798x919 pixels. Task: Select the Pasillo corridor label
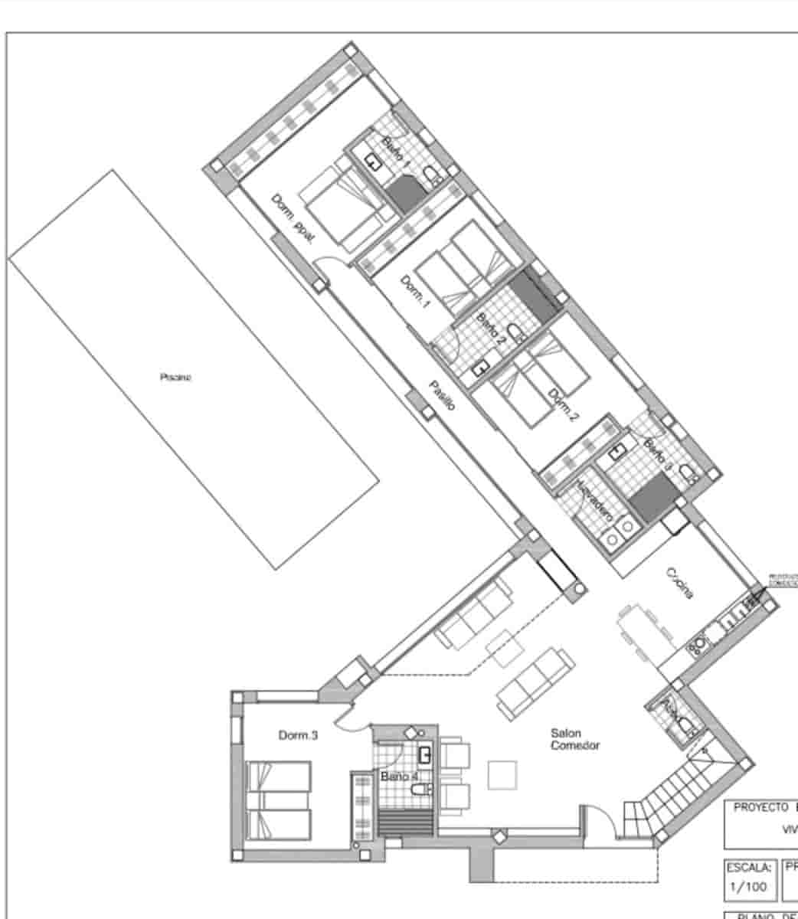click(442, 395)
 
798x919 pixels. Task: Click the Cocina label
click(680, 582)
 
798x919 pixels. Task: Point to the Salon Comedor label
click(574, 739)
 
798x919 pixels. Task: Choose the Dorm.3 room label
click(298, 735)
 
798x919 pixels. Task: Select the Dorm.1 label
click(417, 293)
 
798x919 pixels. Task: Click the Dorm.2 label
click(563, 406)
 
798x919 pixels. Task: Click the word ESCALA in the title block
click(751, 868)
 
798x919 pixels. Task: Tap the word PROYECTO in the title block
click(760, 807)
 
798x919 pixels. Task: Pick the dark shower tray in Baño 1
click(405, 194)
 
